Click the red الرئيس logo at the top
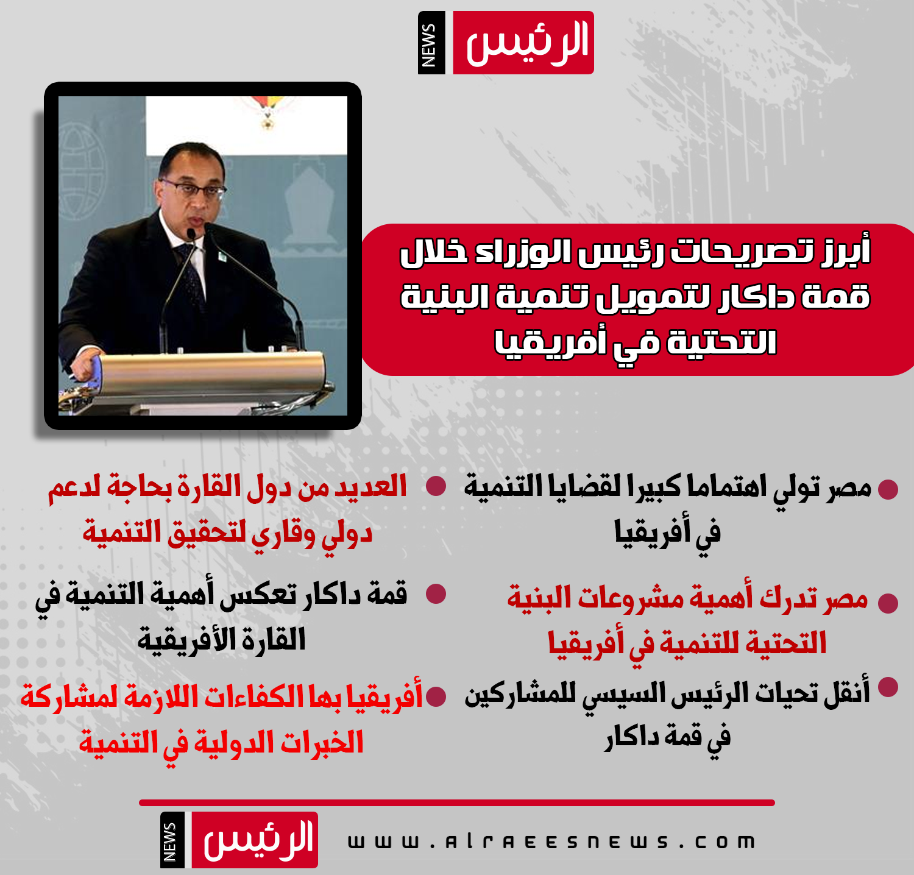[523, 43]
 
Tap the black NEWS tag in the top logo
[431, 43]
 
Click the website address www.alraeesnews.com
[551, 842]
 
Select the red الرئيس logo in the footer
[255, 840]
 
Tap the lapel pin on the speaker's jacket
[222, 257]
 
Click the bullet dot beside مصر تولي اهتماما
[888, 489]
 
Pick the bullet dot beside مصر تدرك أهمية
[888, 603]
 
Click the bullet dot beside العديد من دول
[436, 486]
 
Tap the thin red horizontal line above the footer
[457, 802]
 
